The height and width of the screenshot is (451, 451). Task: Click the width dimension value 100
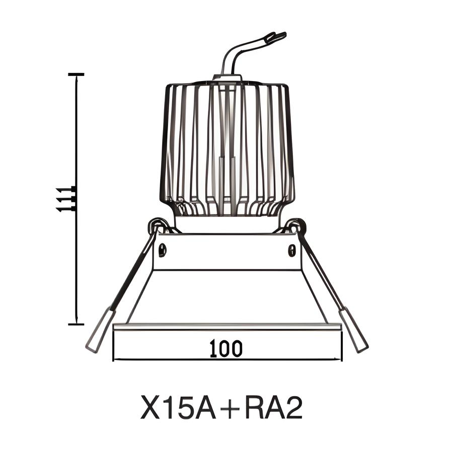(x=226, y=348)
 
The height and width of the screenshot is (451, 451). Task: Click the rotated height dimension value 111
(x=64, y=199)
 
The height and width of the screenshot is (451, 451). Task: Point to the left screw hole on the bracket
(x=163, y=249)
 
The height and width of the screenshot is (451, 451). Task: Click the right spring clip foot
(x=354, y=330)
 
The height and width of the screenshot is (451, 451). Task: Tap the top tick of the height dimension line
(x=76, y=74)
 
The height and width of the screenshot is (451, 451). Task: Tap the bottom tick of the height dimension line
(x=76, y=324)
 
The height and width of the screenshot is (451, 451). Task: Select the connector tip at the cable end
(x=275, y=37)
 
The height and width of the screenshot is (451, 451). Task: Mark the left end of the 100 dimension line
(x=114, y=359)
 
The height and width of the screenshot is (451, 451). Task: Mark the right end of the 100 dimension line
(x=341, y=359)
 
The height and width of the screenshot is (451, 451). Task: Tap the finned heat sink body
(x=227, y=146)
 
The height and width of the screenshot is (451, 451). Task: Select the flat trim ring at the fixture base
(x=227, y=327)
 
